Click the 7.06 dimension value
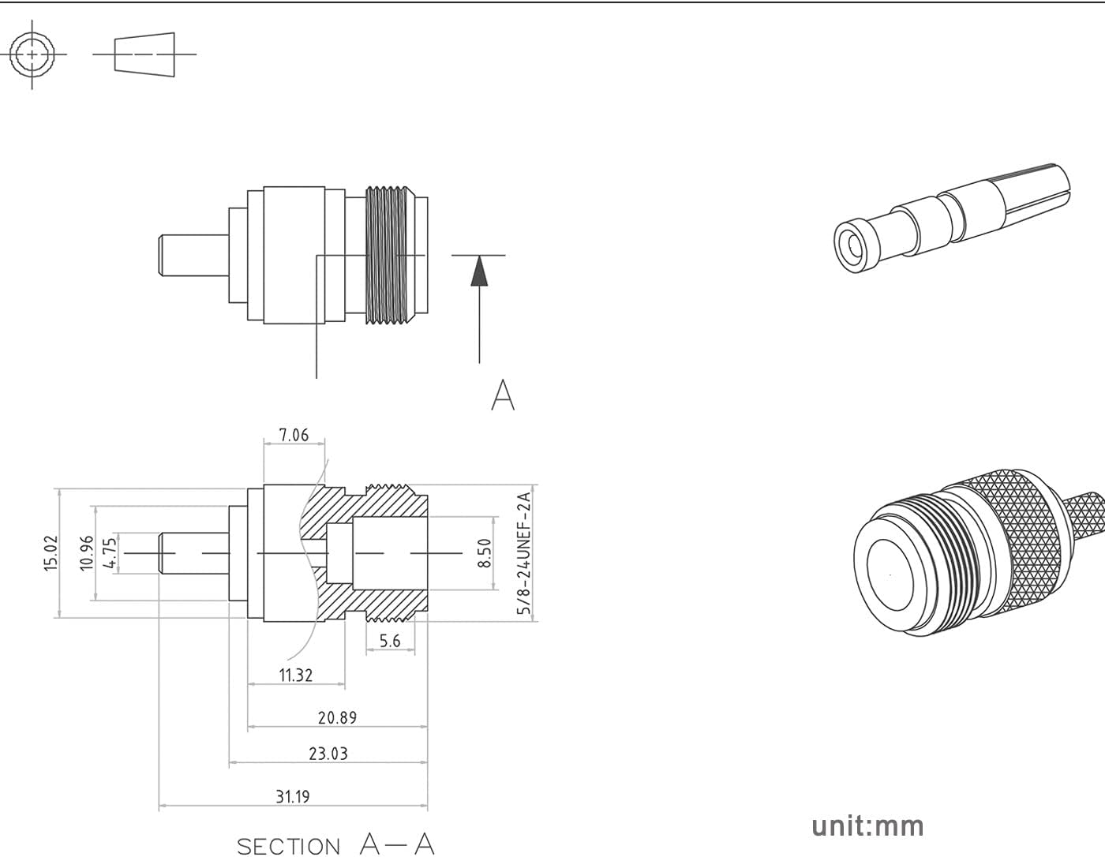pyautogui.click(x=294, y=435)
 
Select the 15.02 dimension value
pyautogui.click(x=51, y=552)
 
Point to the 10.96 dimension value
pyautogui.click(x=87, y=552)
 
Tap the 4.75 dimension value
pyautogui.click(x=110, y=552)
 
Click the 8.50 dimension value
pyautogui.click(x=485, y=552)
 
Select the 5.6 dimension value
pyautogui.click(x=390, y=641)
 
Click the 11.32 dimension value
pyautogui.click(x=295, y=675)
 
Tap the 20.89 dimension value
pyautogui.click(x=337, y=718)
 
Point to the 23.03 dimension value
pyautogui.click(x=328, y=754)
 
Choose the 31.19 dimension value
pyautogui.click(x=292, y=797)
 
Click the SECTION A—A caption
pyautogui.click(x=335, y=844)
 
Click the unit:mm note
pyautogui.click(x=867, y=826)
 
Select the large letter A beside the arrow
pyautogui.click(x=503, y=395)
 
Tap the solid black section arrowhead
pyautogui.click(x=479, y=272)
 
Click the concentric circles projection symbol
pyautogui.click(x=32, y=54)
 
